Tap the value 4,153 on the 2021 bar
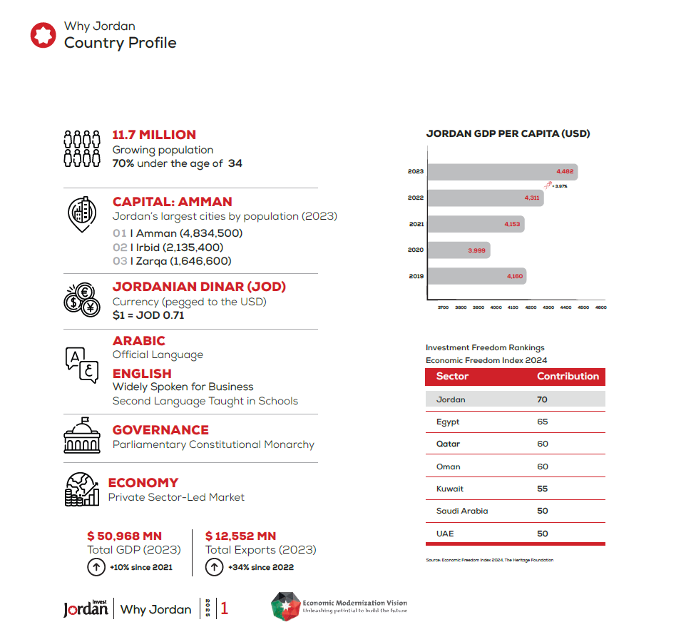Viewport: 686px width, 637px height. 512,225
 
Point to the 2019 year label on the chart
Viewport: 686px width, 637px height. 416,276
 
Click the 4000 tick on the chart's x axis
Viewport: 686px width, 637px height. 496,307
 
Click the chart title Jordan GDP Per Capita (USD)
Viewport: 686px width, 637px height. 508,133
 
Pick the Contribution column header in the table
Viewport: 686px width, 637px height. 568,377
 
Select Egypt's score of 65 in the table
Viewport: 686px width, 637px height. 543,422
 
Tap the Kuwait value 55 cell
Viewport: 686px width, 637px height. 543,489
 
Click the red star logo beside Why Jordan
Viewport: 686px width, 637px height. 43,35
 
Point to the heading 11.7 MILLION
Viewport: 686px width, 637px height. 154,135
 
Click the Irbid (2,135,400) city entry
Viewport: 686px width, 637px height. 168,248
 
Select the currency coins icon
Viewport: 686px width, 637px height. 81,300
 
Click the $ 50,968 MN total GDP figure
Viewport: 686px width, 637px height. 124,536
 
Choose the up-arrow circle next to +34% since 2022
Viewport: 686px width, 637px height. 213,567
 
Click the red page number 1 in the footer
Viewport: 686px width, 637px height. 225,608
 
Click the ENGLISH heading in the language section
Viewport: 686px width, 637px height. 142,374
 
